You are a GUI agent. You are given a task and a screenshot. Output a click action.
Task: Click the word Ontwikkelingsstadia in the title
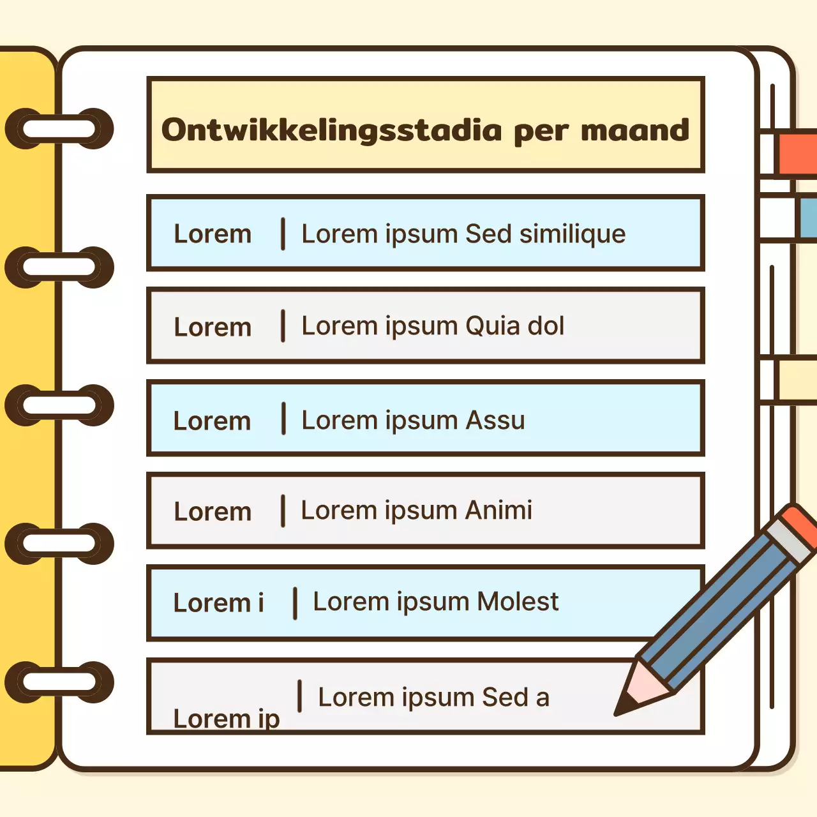pyautogui.click(x=331, y=131)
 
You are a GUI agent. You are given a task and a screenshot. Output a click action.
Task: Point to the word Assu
pyautogui.click(x=495, y=421)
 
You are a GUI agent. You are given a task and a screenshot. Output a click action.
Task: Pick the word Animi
pyautogui.click(x=498, y=511)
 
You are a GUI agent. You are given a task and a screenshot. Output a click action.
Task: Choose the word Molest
pyautogui.click(x=518, y=602)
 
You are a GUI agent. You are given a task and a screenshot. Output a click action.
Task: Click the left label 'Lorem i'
pyautogui.click(x=218, y=603)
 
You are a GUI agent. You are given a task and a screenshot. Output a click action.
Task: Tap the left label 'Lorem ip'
pyautogui.click(x=227, y=719)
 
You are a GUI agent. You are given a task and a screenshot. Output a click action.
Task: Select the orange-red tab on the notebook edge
pyautogui.click(x=797, y=153)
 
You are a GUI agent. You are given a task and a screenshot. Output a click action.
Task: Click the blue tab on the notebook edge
pyautogui.click(x=807, y=217)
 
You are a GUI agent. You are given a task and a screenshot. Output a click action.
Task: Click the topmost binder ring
pyautogui.click(x=59, y=129)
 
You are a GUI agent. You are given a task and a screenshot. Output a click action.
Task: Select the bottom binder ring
pyautogui.click(x=59, y=682)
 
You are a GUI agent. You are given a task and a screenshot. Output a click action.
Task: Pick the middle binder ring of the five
pyautogui.click(x=59, y=405)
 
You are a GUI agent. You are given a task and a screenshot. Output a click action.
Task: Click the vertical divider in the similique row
pyautogui.click(x=283, y=234)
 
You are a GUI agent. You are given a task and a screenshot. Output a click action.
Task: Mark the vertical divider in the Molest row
pyautogui.click(x=295, y=603)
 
